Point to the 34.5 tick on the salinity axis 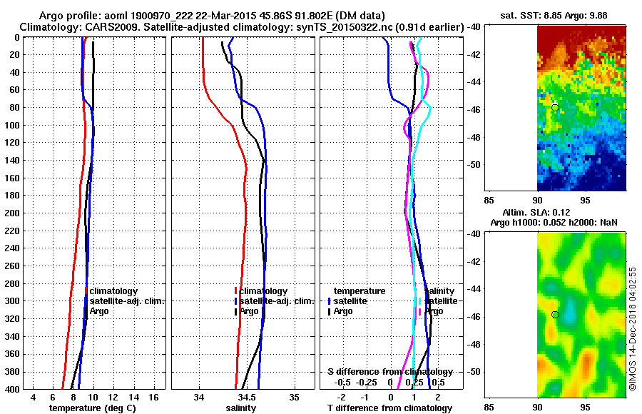247,396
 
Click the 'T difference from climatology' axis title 389,408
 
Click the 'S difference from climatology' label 389,372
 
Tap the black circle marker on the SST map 555,107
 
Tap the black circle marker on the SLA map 555,314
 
